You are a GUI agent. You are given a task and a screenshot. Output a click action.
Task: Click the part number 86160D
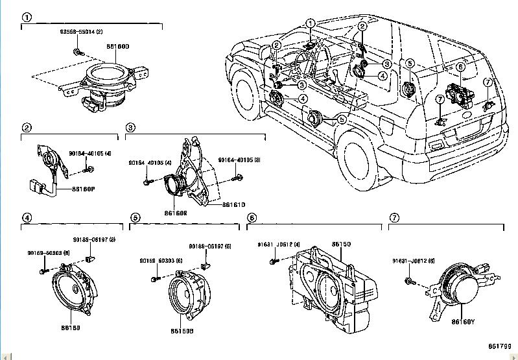point(119,46)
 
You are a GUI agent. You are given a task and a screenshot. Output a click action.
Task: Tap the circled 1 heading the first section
point(27,18)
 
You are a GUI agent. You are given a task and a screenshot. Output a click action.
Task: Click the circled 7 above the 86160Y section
point(394,218)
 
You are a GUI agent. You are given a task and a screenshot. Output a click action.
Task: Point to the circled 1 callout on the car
point(311,24)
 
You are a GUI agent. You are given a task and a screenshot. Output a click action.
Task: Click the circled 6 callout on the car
point(460,66)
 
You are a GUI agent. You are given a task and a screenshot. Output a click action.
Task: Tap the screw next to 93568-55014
point(77,51)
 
